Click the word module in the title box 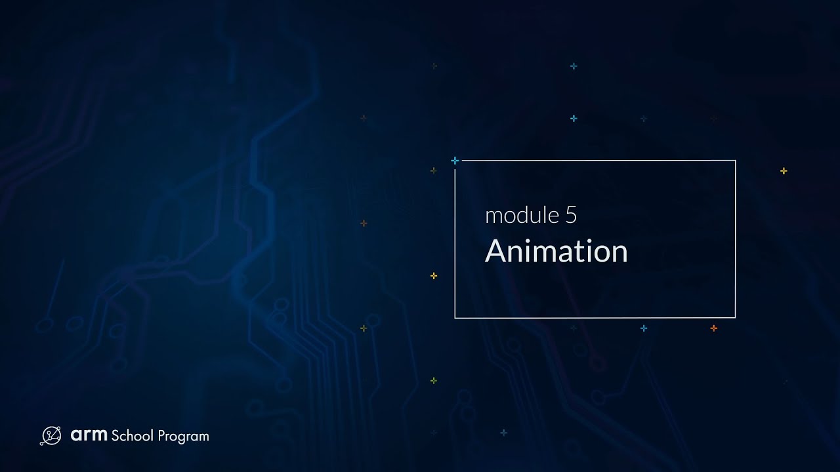point(522,216)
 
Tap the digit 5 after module point(571,216)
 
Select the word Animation point(556,252)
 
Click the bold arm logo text point(89,435)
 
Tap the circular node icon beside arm point(51,436)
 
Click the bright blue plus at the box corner point(455,161)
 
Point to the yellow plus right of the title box point(784,171)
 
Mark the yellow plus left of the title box point(434,276)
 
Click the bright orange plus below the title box point(714,328)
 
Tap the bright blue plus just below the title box point(644,328)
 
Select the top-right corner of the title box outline point(735,161)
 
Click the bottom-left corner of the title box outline point(455,318)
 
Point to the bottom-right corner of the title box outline point(735,318)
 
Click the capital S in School point(115,436)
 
